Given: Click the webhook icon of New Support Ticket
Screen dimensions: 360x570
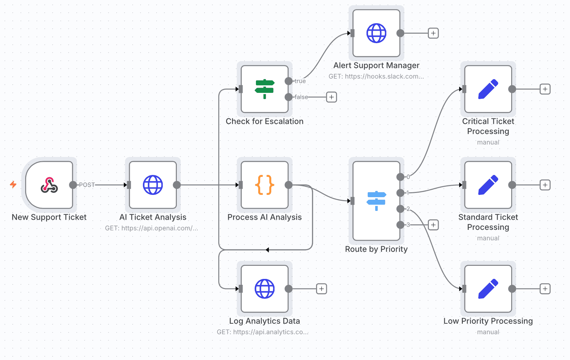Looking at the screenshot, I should pos(49,185).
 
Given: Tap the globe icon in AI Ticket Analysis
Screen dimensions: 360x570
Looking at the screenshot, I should pos(153,185).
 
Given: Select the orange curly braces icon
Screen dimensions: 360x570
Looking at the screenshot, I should pos(264,185).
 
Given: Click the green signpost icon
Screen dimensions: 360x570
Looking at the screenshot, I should pos(264,89).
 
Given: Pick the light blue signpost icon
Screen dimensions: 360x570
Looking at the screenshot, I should pos(376,200).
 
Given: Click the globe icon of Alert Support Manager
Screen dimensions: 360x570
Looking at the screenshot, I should pos(376,33).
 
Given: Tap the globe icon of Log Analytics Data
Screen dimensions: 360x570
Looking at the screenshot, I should pos(264,289).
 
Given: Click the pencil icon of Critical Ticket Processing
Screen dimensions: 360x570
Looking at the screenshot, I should pos(488,89).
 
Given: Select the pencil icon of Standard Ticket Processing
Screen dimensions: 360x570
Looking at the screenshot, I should pos(488,185).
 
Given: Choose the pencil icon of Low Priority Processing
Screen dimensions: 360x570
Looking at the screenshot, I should pos(488,289).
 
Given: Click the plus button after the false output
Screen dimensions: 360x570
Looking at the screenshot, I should pos(331,97).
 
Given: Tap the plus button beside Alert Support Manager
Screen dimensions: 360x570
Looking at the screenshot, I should pos(433,33).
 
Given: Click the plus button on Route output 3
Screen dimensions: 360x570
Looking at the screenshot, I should pos(433,225).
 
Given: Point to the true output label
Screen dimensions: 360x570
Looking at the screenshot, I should pos(300,81).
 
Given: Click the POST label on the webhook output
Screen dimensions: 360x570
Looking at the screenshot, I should pos(87,185).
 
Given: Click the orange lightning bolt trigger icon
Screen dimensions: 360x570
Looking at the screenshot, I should pos(13,184).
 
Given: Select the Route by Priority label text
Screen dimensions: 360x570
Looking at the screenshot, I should pos(376,249).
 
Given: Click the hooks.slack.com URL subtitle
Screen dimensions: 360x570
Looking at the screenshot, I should pos(376,77).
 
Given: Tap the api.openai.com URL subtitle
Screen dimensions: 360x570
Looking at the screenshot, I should pos(151,228).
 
